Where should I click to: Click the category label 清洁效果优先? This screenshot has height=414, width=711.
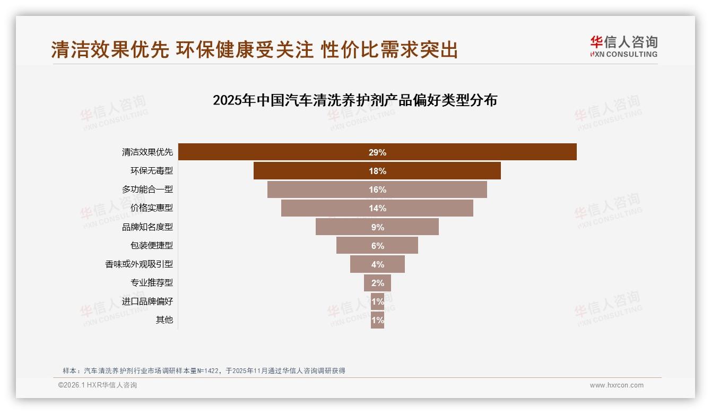147,152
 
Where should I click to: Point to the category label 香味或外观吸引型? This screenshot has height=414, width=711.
138,264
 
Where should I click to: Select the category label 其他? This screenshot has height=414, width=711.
164,320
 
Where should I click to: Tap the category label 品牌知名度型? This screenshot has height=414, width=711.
147,227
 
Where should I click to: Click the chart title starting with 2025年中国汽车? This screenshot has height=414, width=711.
354,100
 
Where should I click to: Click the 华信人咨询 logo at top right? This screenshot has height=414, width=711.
623,46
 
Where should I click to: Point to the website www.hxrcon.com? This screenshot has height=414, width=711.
616,385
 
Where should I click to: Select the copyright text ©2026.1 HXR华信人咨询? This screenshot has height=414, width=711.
97,385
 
